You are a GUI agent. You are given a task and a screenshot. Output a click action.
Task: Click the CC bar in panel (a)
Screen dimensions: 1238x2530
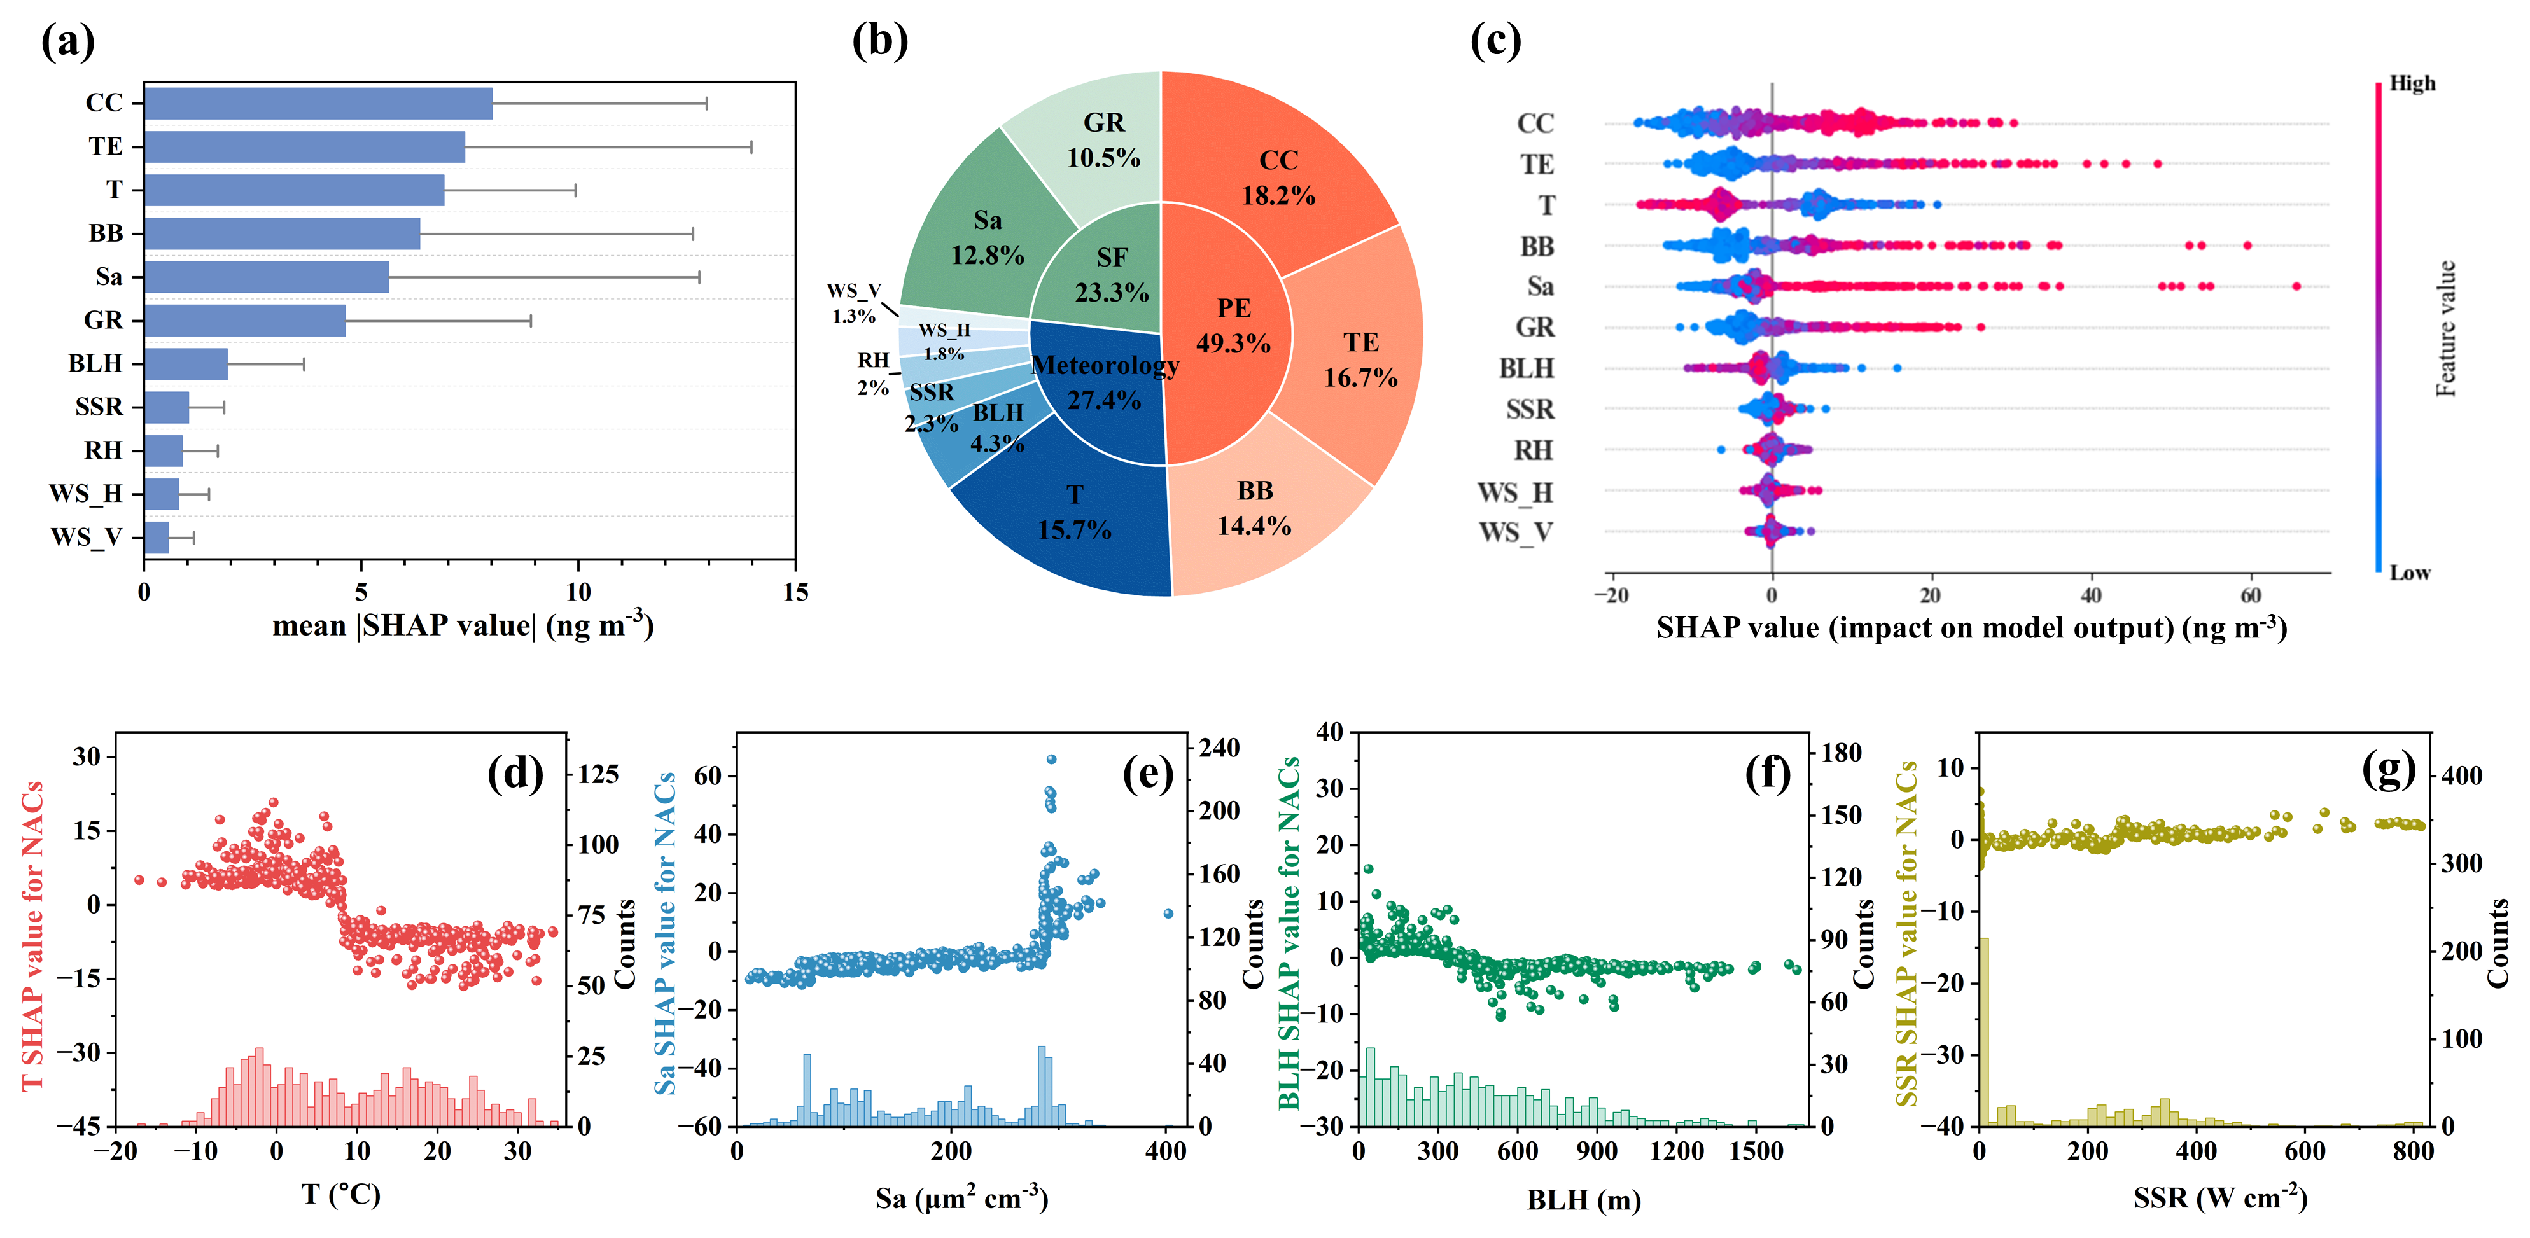pos(318,103)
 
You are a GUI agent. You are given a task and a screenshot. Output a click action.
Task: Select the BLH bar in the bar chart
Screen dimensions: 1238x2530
pos(186,363)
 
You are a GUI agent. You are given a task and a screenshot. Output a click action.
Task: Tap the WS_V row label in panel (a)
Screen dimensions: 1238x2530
pos(87,537)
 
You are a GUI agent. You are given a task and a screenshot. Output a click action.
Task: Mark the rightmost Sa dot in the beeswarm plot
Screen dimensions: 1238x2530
pos(2296,286)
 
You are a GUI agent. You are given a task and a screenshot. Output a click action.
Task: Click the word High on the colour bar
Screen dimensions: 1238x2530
pos(2412,83)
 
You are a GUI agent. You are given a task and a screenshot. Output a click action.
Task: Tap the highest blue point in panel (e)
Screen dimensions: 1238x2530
pos(1051,759)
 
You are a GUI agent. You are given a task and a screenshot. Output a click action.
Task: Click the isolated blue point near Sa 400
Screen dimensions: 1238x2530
pos(1168,913)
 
